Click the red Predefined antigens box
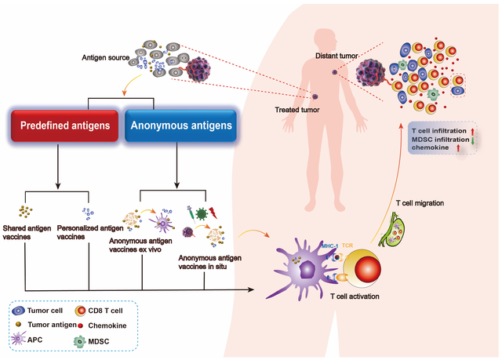(x=64, y=125)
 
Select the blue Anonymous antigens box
(x=180, y=125)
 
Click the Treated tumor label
(x=295, y=110)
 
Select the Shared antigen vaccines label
(x=28, y=232)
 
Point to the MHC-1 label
(x=330, y=246)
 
